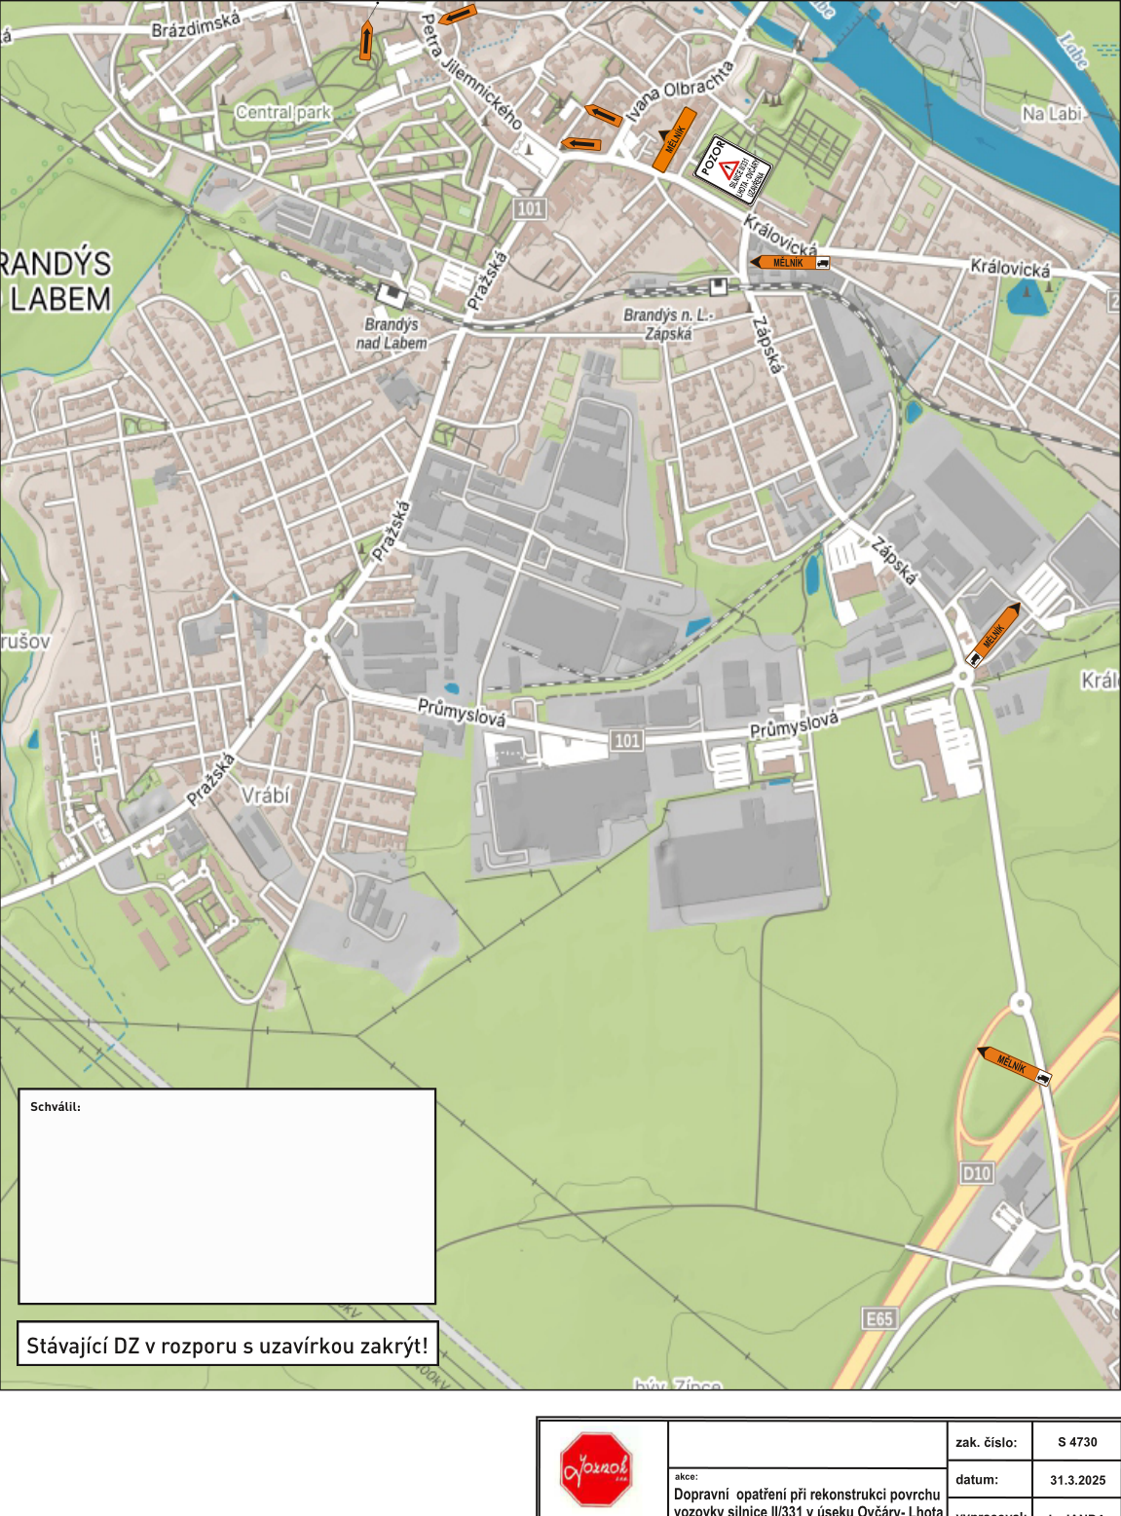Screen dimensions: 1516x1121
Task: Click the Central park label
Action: pyautogui.click(x=283, y=113)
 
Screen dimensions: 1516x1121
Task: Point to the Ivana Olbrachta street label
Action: pyautogui.click(x=680, y=92)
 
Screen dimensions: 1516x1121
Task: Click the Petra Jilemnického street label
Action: pyautogui.click(x=471, y=72)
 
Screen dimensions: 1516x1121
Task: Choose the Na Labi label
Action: pyautogui.click(x=1052, y=114)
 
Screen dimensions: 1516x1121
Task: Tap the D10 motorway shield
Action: pyautogui.click(x=977, y=1173)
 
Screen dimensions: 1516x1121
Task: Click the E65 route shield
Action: pyautogui.click(x=878, y=1318)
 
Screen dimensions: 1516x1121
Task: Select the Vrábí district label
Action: pyautogui.click(x=265, y=795)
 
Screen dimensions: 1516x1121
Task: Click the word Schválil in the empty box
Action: pyautogui.click(x=56, y=1107)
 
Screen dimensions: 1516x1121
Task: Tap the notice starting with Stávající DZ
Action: pyautogui.click(x=227, y=1345)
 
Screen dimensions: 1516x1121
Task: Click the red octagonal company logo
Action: pyautogui.click(x=595, y=1469)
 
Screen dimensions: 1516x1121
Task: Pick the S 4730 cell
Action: pyautogui.click(x=1077, y=1442)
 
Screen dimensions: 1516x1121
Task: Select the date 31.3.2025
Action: pyautogui.click(x=1077, y=1480)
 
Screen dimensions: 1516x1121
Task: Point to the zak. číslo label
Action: pyautogui.click(x=986, y=1442)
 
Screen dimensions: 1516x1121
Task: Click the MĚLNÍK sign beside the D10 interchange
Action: pyautogui.click(x=1014, y=1065)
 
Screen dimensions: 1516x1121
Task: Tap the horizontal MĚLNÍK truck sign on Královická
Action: pyautogui.click(x=790, y=263)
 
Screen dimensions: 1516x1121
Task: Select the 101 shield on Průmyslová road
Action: pyautogui.click(x=627, y=741)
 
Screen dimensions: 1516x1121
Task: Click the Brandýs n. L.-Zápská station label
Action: pyautogui.click(x=668, y=324)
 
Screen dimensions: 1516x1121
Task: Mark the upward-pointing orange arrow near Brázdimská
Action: pyautogui.click(x=365, y=41)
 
